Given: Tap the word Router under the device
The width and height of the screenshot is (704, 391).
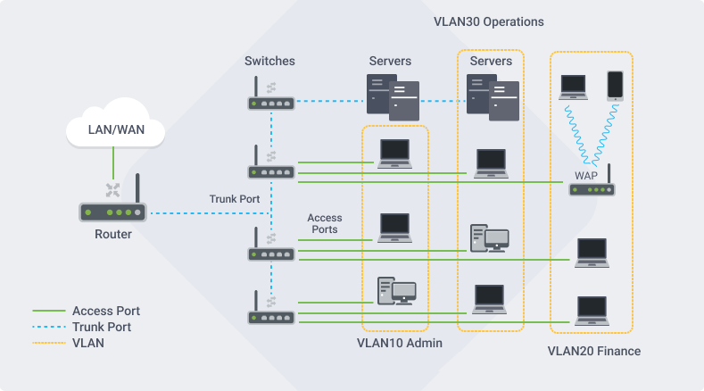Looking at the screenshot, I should click(x=113, y=235).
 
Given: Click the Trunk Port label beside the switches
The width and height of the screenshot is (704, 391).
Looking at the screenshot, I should click(x=235, y=199).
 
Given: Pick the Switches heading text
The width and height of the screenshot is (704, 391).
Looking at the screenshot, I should click(x=269, y=62).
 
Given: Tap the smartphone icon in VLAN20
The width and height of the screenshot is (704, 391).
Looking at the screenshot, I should click(x=616, y=86).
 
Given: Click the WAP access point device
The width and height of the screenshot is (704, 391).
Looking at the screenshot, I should click(x=592, y=188).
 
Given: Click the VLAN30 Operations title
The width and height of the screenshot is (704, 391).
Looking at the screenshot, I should click(x=489, y=21).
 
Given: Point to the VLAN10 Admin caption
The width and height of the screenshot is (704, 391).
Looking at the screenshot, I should click(x=399, y=343).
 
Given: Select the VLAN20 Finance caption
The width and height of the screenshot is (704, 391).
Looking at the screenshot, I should click(x=593, y=351).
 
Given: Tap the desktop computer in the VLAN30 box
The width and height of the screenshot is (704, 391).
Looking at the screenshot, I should click(x=489, y=238).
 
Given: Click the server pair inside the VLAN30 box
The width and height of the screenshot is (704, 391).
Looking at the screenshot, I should click(x=491, y=97).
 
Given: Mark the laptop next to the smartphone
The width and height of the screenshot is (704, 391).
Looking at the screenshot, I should click(x=573, y=87).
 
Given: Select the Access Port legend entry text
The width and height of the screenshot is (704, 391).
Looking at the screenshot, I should click(x=106, y=311).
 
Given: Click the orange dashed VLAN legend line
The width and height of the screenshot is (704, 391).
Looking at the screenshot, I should click(x=48, y=342).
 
